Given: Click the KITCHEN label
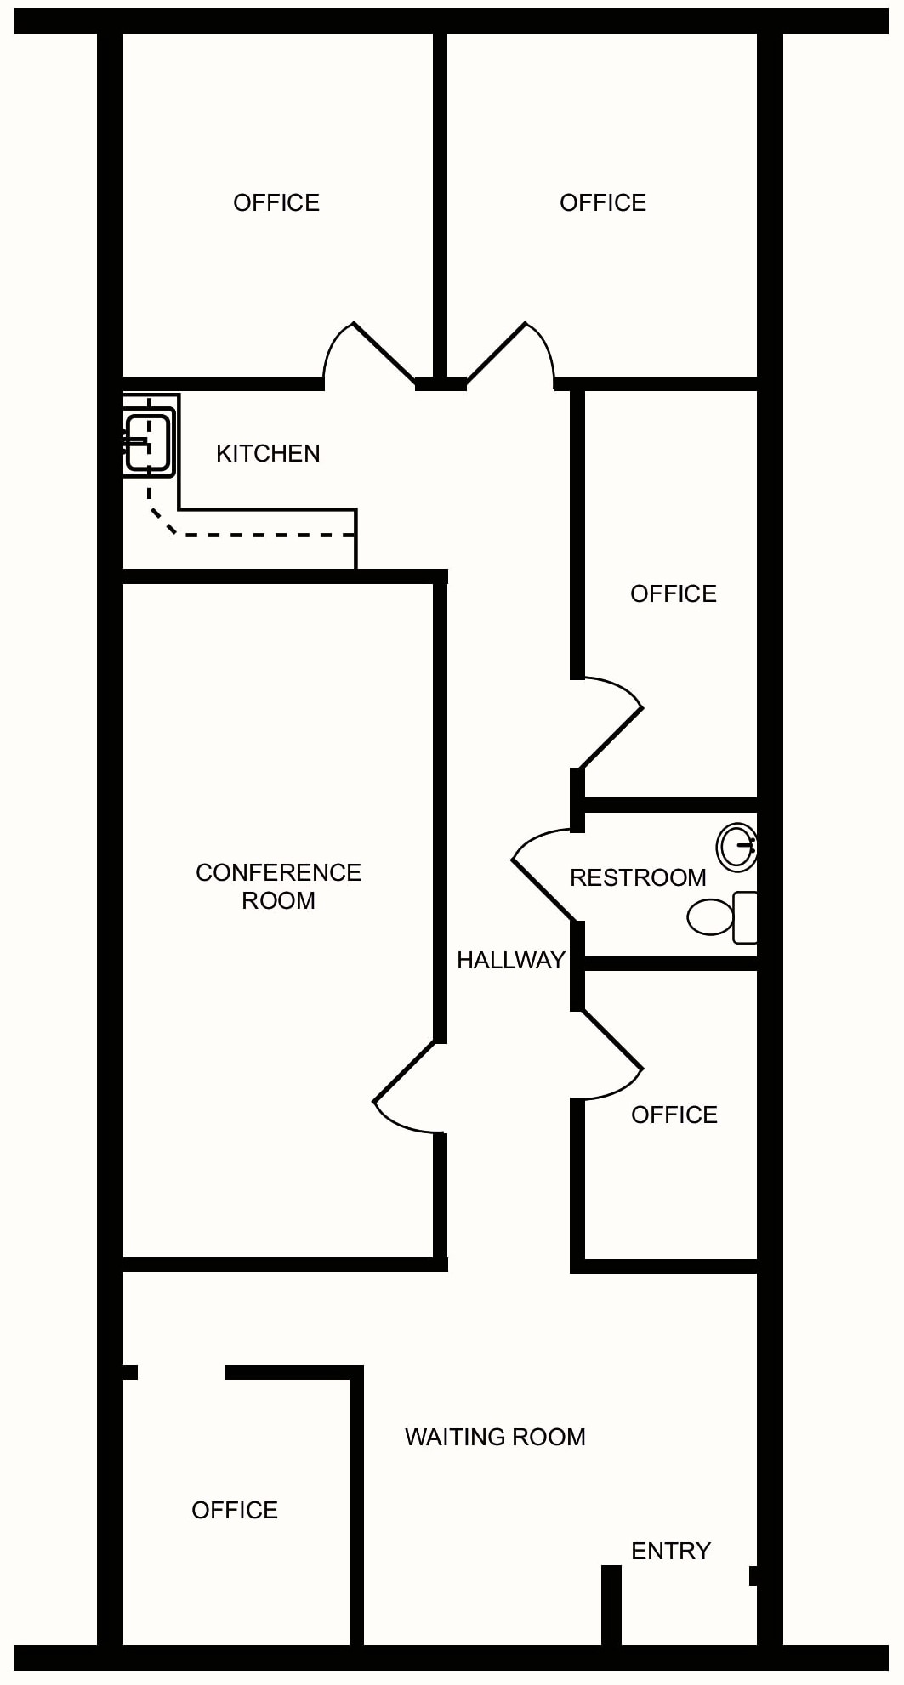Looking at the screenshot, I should (x=268, y=453).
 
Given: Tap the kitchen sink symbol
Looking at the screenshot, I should (x=149, y=442).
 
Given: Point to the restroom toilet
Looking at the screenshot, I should (x=722, y=917).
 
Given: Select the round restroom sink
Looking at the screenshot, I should (x=736, y=848).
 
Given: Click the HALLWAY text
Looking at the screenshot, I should (x=510, y=960).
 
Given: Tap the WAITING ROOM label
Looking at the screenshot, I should (x=495, y=1437).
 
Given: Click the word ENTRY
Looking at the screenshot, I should (x=670, y=1551).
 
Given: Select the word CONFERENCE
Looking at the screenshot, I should (x=278, y=872).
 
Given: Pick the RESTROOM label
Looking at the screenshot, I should (x=638, y=877).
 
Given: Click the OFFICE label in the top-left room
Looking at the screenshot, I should (x=276, y=202).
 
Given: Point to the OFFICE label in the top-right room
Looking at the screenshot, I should (x=602, y=202).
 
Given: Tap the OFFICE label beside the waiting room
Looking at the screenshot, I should (x=235, y=1510).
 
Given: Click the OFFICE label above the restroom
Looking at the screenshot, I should (x=673, y=593).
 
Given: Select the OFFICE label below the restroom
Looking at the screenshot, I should (x=674, y=1115).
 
